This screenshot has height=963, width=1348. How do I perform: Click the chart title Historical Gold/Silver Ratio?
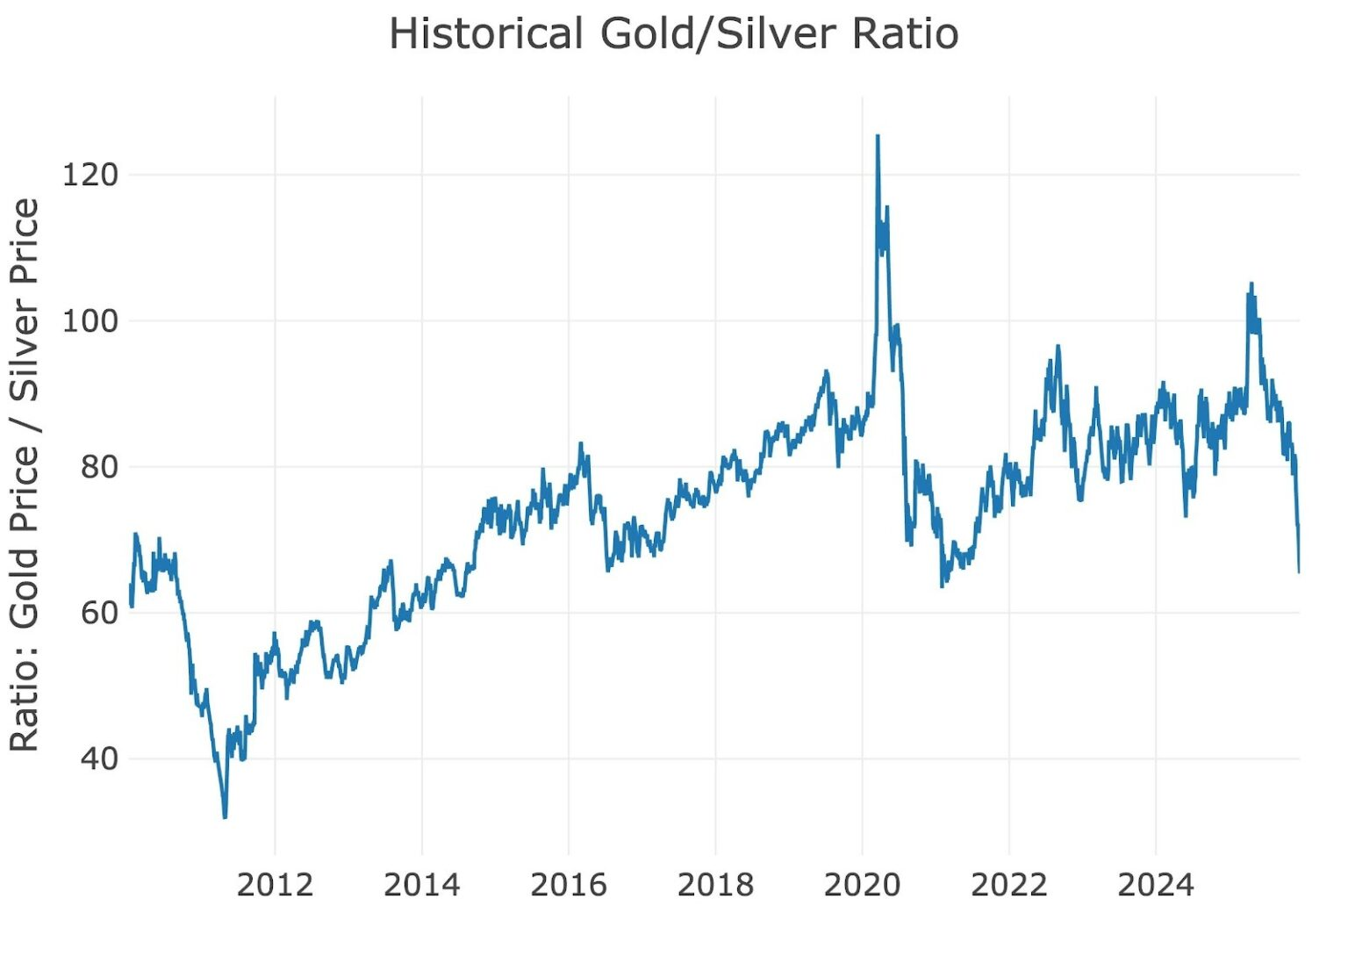(x=673, y=35)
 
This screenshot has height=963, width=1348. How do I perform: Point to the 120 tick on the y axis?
(x=90, y=175)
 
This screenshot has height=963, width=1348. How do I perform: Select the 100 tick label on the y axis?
(x=90, y=320)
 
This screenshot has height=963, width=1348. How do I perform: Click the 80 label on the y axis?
(x=99, y=467)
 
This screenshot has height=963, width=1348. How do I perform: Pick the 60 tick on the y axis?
(x=99, y=613)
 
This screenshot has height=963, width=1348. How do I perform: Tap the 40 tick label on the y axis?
(x=99, y=758)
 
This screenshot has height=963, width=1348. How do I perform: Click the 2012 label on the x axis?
(x=275, y=885)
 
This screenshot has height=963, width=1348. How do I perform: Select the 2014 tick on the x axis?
(x=421, y=885)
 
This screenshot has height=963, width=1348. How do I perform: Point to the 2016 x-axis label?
(x=568, y=885)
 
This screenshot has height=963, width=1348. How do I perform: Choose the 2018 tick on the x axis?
(x=715, y=885)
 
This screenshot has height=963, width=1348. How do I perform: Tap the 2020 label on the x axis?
(x=862, y=885)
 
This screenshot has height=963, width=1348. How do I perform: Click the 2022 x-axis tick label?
(x=1008, y=885)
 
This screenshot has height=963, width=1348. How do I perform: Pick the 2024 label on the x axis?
(x=1155, y=885)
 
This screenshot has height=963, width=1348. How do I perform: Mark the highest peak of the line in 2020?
(x=878, y=136)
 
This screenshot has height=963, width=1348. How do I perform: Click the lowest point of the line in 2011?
(x=225, y=817)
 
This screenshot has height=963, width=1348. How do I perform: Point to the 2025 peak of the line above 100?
(x=1251, y=284)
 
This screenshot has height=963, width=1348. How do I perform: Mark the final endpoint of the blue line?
(x=1299, y=572)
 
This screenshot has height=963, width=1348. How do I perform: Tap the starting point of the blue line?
(x=130, y=586)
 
